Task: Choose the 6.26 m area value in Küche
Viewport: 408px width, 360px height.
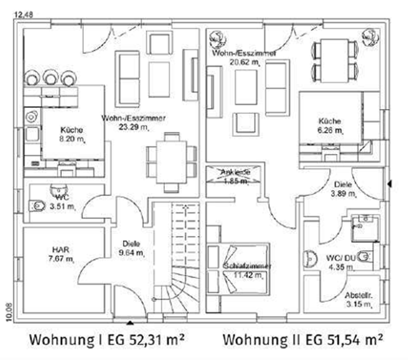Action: click(x=329, y=131)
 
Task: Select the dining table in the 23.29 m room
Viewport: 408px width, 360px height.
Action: click(x=171, y=162)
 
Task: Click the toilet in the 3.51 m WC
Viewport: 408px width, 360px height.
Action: click(x=38, y=206)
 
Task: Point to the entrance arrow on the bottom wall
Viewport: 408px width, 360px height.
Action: click(x=129, y=320)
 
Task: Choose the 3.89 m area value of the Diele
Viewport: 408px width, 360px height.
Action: click(x=342, y=194)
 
